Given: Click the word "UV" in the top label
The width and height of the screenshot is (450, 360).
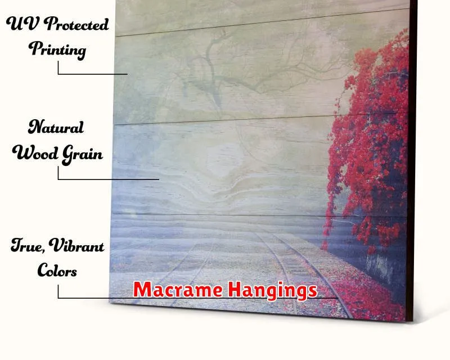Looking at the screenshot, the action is (x=22, y=23).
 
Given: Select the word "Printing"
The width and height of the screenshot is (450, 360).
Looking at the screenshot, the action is (x=57, y=49).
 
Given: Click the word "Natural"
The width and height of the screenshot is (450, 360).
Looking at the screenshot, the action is (x=56, y=127).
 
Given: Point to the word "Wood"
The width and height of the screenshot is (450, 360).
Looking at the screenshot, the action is (x=35, y=152).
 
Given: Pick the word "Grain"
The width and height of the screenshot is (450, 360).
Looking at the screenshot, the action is (x=82, y=155).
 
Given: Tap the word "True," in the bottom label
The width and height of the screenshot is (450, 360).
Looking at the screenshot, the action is (x=28, y=246).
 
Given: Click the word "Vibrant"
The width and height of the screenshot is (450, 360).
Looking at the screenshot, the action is (x=76, y=245).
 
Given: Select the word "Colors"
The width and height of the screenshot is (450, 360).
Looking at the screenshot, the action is (x=57, y=270).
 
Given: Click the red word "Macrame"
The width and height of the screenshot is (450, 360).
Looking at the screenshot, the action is (x=178, y=289).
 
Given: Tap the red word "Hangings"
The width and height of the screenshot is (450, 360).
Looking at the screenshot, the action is (x=273, y=290).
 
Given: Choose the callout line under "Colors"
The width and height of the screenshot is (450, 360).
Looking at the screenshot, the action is (x=198, y=298).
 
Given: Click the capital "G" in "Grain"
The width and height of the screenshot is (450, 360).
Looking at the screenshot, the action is (x=67, y=155).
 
